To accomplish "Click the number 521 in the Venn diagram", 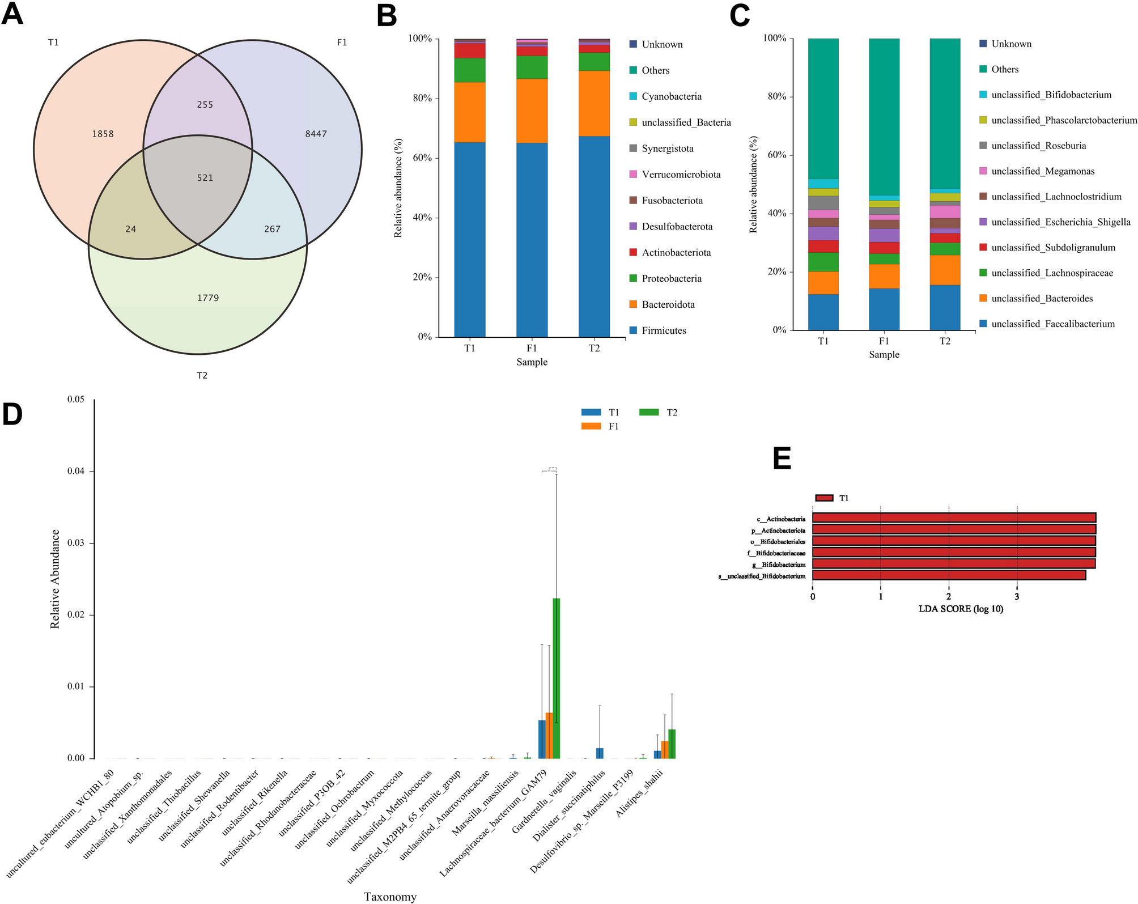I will pyautogui.click(x=205, y=178).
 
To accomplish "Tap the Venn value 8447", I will pyautogui.click(x=316, y=134).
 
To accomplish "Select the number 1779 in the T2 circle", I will pyautogui.click(x=208, y=298).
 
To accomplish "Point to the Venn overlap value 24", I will pyautogui.click(x=131, y=229).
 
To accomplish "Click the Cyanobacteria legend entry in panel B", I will pyautogui.click(x=671, y=96).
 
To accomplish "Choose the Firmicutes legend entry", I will pyautogui.click(x=663, y=330).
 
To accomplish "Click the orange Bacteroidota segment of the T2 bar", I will pyautogui.click(x=594, y=103).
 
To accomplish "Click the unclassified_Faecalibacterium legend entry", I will pyautogui.click(x=1052, y=324).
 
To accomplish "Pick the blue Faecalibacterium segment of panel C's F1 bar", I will pyautogui.click(x=884, y=309).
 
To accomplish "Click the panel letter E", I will pyautogui.click(x=782, y=459).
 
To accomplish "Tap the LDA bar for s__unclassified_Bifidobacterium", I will pyautogui.click(x=949, y=575).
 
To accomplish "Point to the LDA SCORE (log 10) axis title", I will pyautogui.click(x=961, y=609).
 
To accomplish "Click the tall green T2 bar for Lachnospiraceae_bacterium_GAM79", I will pyautogui.click(x=557, y=678).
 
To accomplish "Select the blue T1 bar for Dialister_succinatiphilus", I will pyautogui.click(x=600, y=753).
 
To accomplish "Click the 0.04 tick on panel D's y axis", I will pyautogui.click(x=76, y=472).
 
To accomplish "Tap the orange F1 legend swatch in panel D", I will pyautogui.click(x=591, y=426).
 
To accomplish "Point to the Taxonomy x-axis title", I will pyautogui.click(x=390, y=897).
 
